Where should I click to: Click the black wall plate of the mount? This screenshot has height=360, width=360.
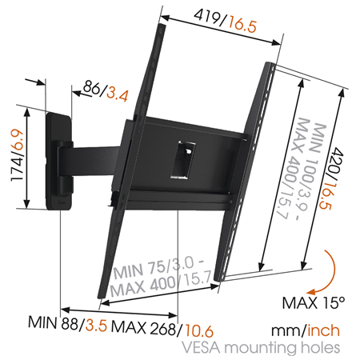pos(58,160)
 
